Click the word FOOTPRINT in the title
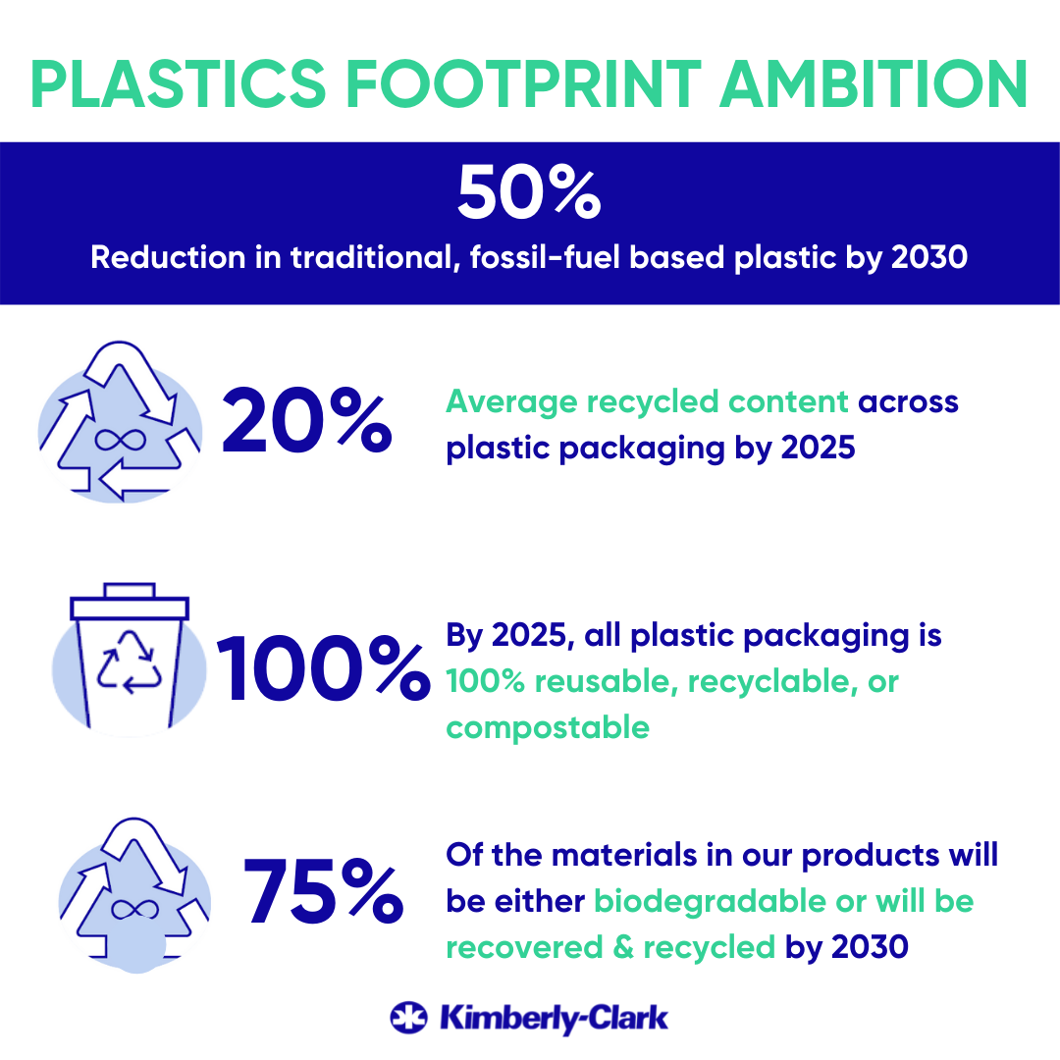point(524,83)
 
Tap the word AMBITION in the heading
point(874,83)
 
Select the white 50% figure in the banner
point(529,192)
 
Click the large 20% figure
point(307,420)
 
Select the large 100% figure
point(323,668)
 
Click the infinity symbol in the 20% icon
point(121,440)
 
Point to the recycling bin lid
point(130,602)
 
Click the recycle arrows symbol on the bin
point(130,662)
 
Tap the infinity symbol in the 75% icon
point(134,909)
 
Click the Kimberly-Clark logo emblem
point(409,1018)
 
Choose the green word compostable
point(548,727)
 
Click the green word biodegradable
point(710,901)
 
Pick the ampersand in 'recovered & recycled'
point(623,947)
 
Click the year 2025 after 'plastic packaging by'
point(818,448)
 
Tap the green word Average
point(511,402)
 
